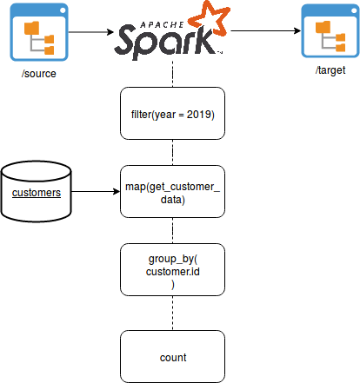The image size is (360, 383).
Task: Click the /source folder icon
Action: click(39, 32)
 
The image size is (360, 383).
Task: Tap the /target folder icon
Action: click(330, 30)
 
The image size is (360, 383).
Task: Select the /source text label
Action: click(39, 74)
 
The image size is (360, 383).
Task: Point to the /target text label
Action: click(330, 70)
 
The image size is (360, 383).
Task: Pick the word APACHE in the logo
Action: click(162, 25)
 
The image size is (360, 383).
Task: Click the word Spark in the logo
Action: click(165, 42)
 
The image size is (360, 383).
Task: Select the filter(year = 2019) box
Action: click(172, 114)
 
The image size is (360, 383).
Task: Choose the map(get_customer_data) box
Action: click(172, 192)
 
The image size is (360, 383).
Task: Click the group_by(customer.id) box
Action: click(172, 270)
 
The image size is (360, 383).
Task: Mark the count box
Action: click(172, 357)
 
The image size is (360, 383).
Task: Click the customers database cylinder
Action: click(37, 192)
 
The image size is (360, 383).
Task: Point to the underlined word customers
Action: click(37, 193)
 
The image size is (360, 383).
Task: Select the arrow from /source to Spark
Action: click(91, 32)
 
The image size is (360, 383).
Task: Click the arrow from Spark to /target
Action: click(266, 30)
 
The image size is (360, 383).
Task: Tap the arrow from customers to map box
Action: click(96, 191)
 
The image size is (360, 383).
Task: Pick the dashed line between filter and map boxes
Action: click(173, 153)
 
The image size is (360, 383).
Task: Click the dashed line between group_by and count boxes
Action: click(173, 314)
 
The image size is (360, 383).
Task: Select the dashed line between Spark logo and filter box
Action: click(173, 74)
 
